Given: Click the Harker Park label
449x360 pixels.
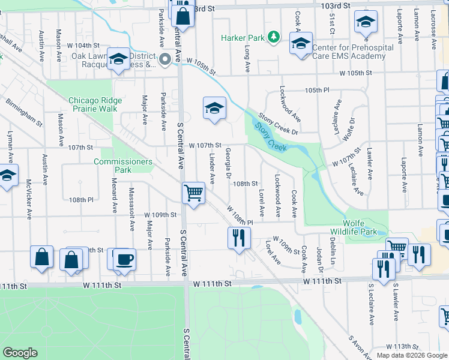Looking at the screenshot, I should (243, 38).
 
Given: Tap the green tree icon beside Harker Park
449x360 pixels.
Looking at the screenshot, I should (274, 37).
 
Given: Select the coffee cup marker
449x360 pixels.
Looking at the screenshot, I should (125, 259).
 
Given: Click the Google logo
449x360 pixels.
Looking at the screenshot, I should (20, 353).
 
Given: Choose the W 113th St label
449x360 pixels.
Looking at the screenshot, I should (402, 346).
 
